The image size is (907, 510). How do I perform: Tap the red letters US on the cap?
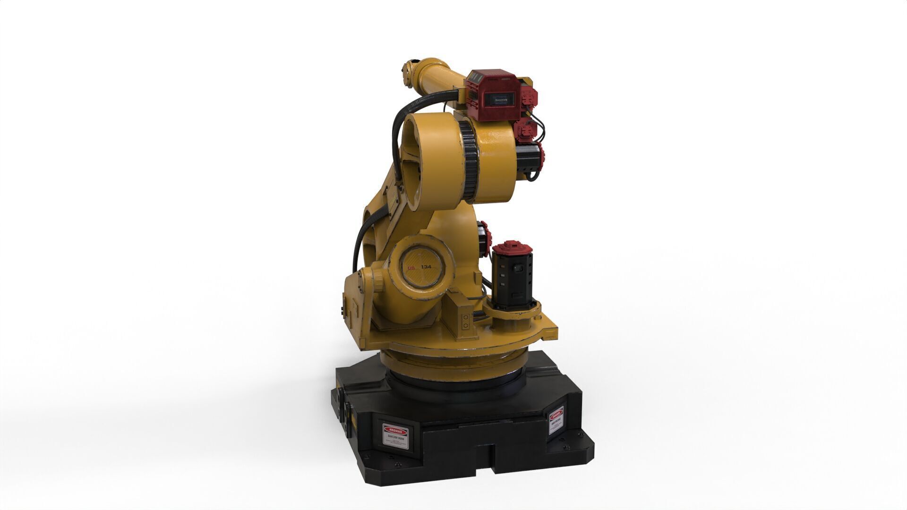coord(411,268)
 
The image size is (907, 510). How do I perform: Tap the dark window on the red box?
coord(500,100)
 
